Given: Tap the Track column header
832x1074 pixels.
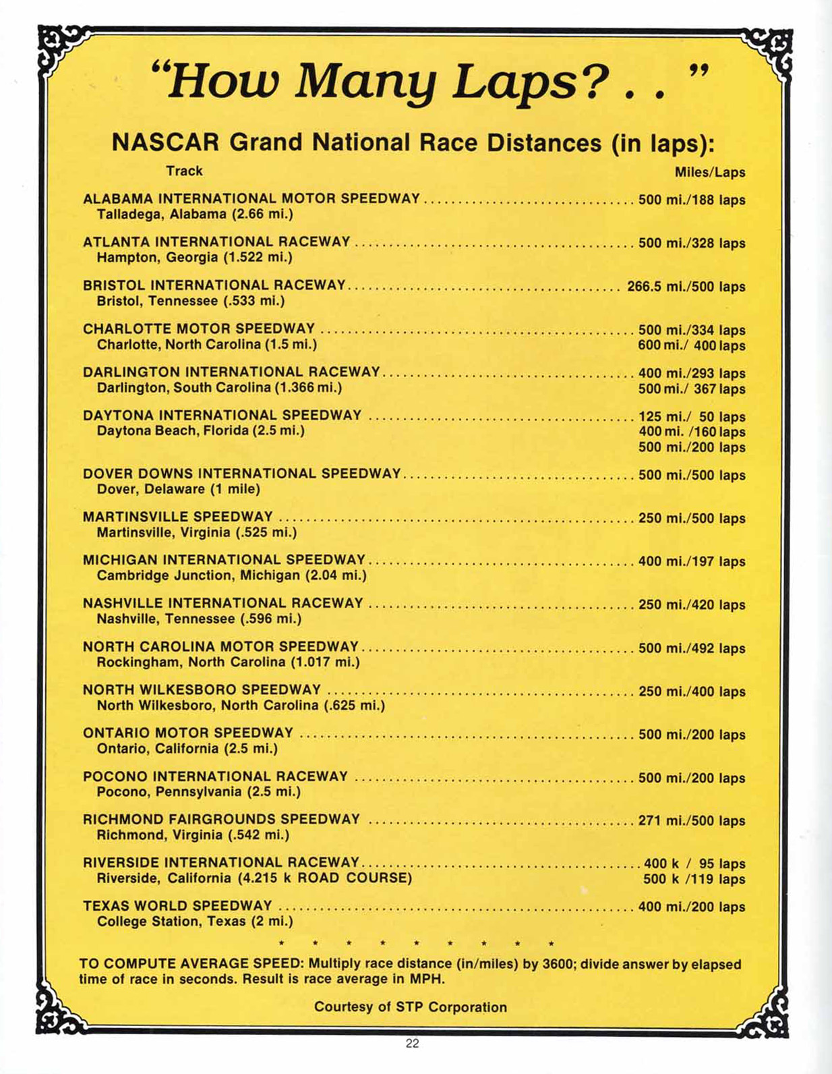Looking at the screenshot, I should click(184, 171).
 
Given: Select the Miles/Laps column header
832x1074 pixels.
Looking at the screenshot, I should click(709, 173).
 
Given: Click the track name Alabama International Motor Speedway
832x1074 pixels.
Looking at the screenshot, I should click(251, 199).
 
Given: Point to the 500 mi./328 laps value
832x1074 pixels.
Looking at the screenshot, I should click(691, 243).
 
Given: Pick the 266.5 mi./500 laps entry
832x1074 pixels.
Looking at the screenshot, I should click(686, 287).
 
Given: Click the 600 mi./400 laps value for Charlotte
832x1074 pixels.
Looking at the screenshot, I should click(691, 346).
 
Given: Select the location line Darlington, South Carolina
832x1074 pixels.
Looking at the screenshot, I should click(219, 388).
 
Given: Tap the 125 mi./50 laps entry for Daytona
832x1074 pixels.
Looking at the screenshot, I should click(691, 417).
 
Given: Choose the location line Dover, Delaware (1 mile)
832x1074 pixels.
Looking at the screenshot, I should click(178, 489).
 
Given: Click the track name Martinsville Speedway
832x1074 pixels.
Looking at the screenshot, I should click(177, 517).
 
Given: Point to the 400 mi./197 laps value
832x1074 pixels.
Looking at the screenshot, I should click(691, 561).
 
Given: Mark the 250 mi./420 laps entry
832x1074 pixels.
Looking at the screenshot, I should click(691, 605).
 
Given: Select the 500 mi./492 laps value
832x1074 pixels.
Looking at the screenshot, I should click(691, 648).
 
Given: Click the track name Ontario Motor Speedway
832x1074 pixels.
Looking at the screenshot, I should click(188, 733).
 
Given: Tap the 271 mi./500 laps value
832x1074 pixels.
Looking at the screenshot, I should click(691, 821).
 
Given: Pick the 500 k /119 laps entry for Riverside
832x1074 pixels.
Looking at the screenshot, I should click(694, 880).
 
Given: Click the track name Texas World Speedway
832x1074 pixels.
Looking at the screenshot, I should click(177, 906).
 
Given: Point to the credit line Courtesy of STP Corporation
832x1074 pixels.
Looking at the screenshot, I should click(410, 1007).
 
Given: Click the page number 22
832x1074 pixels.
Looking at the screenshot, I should click(412, 1044).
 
